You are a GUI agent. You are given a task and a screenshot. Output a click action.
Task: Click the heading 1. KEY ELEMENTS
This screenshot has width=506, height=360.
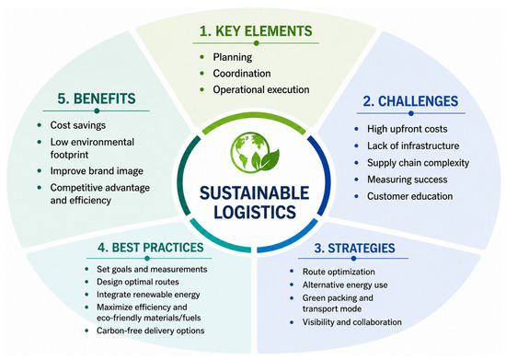tap(256, 31)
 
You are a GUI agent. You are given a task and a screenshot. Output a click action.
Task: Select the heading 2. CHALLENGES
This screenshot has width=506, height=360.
tap(410, 101)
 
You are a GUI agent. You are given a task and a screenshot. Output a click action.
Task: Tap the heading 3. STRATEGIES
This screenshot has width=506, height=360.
tap(354, 248)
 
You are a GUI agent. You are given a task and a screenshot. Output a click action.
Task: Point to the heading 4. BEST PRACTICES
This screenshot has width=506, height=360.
tap(151, 248)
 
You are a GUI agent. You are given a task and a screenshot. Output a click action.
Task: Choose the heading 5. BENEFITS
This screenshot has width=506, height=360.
tap(97, 99)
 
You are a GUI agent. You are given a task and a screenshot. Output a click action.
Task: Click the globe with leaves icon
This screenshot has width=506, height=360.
tap(255, 153)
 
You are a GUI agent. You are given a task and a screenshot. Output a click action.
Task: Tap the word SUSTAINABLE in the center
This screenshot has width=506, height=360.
tap(254, 192)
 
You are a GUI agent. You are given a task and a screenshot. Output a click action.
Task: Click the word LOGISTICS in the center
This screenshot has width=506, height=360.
tap(255, 212)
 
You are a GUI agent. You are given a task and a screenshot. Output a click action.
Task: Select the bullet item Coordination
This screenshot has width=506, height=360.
tap(242, 74)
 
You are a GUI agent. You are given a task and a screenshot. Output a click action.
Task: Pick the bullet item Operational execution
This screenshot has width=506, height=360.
tap(261, 89)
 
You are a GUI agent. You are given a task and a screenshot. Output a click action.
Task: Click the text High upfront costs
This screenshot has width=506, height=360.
tap(408, 129)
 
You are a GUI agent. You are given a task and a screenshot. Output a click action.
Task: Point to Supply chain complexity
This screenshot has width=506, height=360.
tap(419, 162)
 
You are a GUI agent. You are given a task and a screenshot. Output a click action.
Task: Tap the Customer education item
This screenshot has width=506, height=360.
tap(409, 196)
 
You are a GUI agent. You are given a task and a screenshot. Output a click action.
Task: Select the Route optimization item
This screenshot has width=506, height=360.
tap(339, 272)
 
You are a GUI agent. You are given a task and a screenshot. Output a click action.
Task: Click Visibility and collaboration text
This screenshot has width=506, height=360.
tap(352, 322)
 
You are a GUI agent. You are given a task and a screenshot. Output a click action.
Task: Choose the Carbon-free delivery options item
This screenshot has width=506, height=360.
tap(150, 331)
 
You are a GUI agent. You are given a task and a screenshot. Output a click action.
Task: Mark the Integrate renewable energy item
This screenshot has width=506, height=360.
tap(148, 295)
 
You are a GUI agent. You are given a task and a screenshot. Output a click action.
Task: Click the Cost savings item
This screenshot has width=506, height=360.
tap(78, 125)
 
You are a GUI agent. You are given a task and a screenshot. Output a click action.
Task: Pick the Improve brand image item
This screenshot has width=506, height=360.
tap(97, 171)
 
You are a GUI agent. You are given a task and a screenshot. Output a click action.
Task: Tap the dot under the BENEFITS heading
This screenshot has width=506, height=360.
tap(97, 111)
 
